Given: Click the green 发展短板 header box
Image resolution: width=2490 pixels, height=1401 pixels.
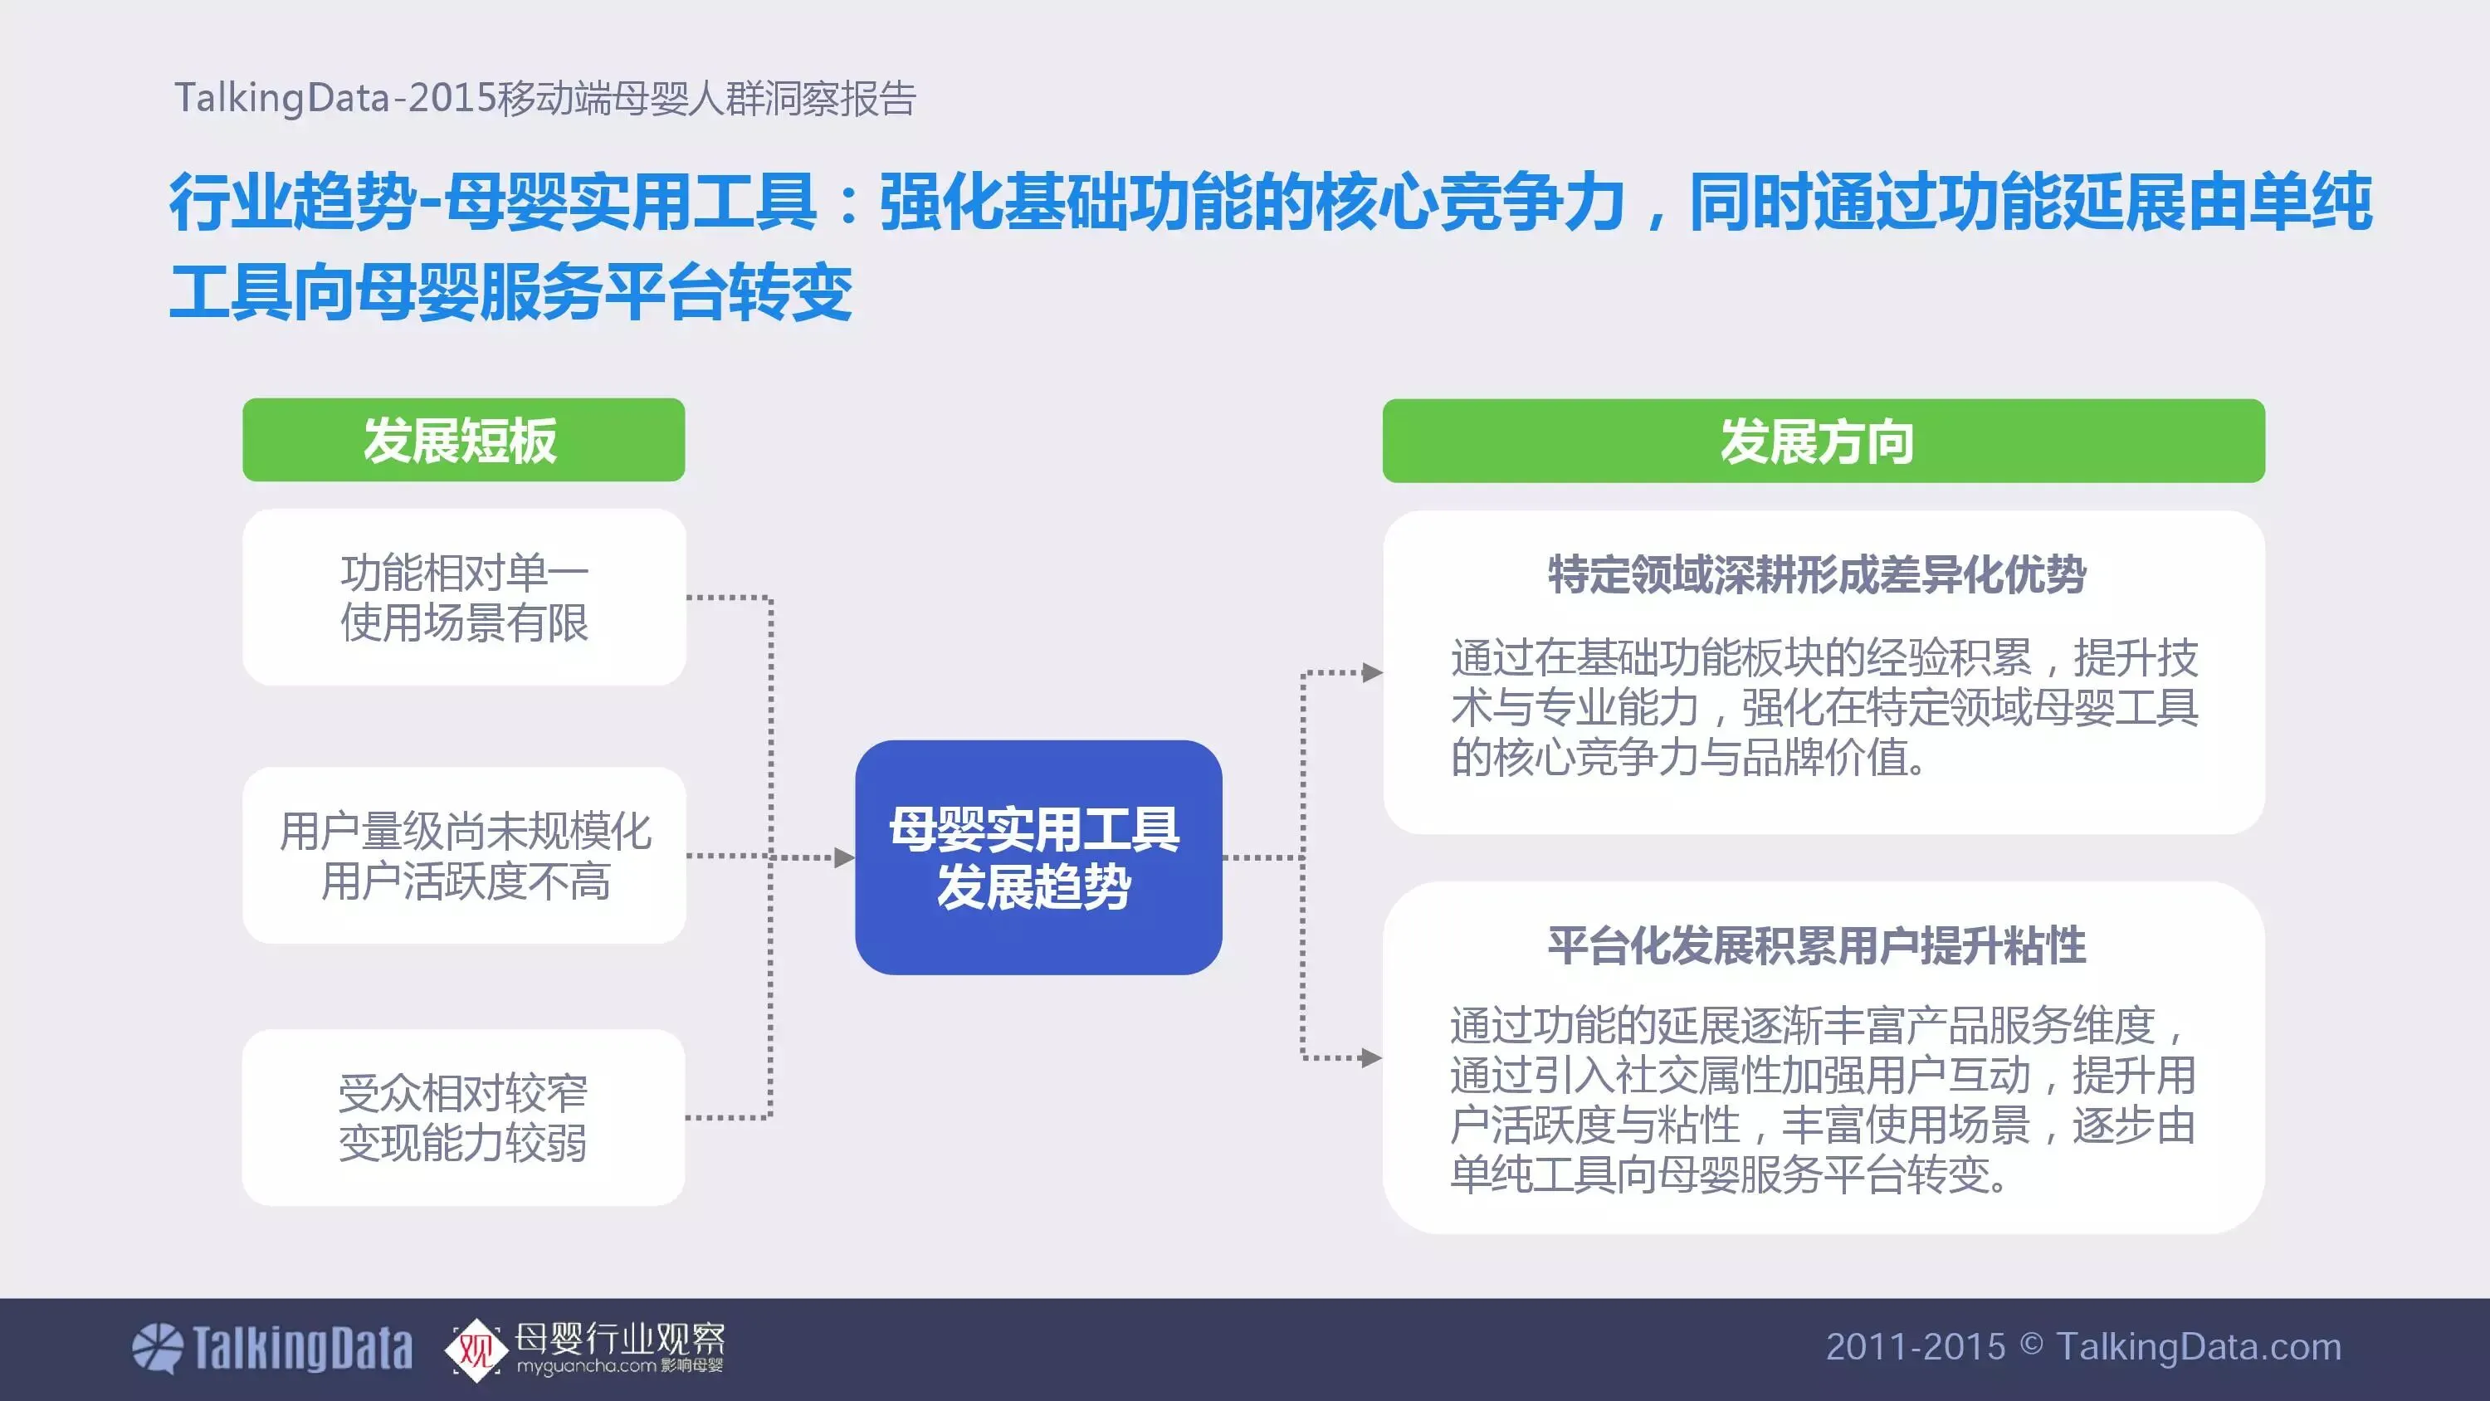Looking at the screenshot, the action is [463, 440].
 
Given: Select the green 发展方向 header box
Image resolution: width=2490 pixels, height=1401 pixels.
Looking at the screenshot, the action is [1823, 441].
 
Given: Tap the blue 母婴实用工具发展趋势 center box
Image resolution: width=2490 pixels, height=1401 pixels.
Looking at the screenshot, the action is [1038, 857].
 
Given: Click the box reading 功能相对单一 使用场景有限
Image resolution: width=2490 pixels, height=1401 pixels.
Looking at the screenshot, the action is [464, 598].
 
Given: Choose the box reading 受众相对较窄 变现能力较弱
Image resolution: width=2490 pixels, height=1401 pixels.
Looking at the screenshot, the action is [463, 1118].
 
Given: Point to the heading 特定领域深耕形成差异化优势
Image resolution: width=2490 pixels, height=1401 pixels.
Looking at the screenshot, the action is [1816, 575].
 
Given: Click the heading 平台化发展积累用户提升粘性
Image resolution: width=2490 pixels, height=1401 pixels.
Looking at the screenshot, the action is [1816, 945].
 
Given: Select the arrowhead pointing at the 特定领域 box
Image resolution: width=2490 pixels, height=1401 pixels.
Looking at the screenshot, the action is [1372, 673].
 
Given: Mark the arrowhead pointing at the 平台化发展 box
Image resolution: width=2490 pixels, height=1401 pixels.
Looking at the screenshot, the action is [1372, 1057].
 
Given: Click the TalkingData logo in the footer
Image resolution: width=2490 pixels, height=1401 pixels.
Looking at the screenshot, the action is [272, 1348].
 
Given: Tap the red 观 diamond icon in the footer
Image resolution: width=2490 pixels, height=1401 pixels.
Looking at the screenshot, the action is [476, 1349].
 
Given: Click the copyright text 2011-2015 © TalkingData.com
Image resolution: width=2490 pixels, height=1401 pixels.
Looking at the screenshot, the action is [2083, 1347].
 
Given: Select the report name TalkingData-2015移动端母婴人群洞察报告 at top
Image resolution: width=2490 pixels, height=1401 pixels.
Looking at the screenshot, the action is [545, 99].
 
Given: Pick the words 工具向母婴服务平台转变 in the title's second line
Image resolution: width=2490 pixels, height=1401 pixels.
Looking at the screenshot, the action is [510, 292].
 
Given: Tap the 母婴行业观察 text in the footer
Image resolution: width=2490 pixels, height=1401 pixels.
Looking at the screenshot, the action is [620, 1337].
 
